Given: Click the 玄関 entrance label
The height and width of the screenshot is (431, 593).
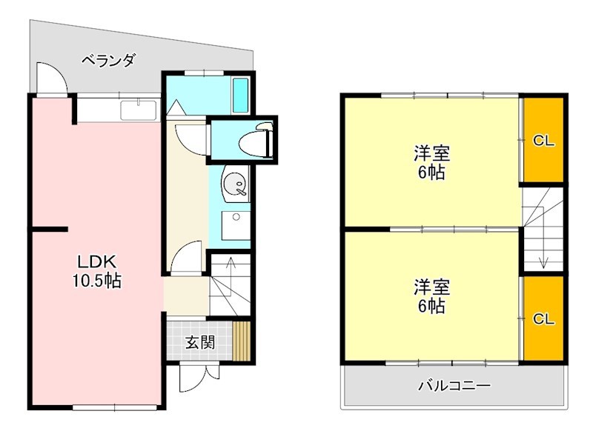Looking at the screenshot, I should click(199, 342).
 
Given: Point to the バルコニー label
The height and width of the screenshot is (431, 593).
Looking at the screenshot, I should click(454, 386).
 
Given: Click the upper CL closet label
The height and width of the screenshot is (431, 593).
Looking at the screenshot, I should click(544, 141).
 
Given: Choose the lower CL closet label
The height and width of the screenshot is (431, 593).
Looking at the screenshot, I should click(544, 319).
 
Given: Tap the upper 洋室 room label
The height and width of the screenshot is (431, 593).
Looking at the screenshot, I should click(431, 155).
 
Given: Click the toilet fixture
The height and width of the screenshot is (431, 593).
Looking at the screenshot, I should click(262, 139).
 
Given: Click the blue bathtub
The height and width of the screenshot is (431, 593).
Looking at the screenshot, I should click(241, 95).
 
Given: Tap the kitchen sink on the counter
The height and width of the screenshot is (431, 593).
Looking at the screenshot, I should click(138, 111).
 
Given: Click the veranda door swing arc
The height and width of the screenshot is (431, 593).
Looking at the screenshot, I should click(50, 77).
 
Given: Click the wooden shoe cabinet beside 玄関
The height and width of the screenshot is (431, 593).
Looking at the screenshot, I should click(242, 341).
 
